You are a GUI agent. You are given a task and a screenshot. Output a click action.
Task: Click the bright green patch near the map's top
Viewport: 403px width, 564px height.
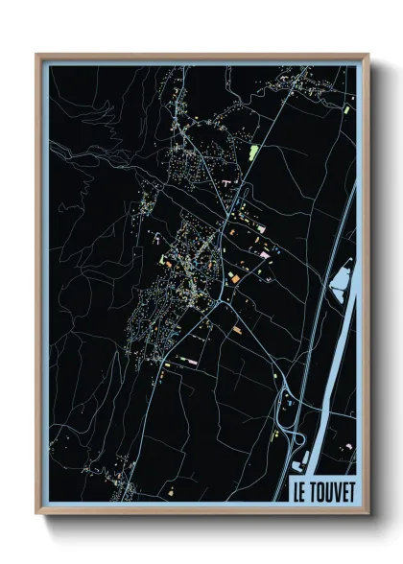pos(253,151)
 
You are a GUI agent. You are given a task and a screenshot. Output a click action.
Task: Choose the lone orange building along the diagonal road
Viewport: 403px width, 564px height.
pos(237,329)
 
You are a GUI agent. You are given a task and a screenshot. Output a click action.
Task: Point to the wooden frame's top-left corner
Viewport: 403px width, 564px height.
pos(37,56)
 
